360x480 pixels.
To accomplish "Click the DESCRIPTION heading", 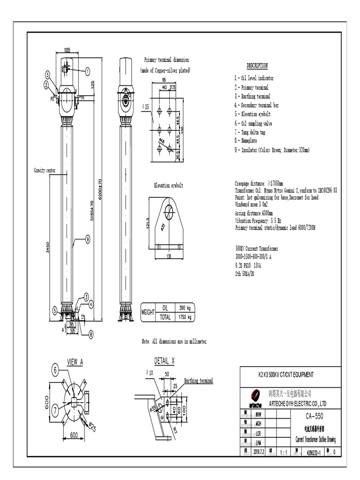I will click(257, 66).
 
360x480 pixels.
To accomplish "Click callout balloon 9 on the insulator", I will click(87, 240).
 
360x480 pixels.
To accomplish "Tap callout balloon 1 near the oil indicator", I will click(87, 71).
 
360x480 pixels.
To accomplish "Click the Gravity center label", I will click(45, 170).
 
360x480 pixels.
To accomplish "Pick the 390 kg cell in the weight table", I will click(182, 307).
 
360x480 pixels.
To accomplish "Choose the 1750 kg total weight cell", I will click(182, 317).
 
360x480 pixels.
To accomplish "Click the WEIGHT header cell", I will click(148, 313).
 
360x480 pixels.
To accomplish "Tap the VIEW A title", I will click(75, 361).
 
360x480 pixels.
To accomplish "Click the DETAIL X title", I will click(164, 360).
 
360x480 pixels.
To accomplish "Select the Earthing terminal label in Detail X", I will click(198, 381).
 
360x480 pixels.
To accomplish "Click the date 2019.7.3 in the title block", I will click(259, 452).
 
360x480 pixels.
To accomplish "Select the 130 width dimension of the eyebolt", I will click(168, 256).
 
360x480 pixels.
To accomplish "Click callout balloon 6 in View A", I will click(55, 370).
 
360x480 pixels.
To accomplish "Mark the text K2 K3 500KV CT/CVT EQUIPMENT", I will click(286, 375).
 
